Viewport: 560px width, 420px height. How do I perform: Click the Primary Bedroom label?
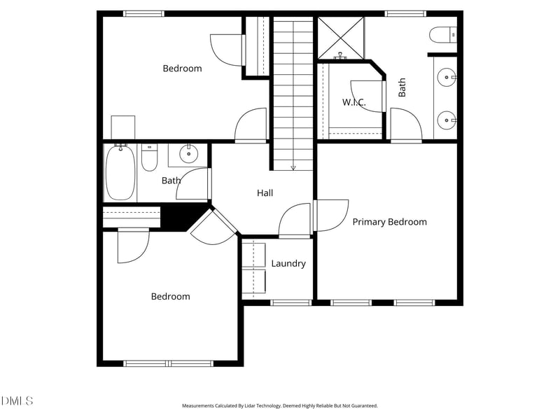point(389,222)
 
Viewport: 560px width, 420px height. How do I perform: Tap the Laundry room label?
point(288,264)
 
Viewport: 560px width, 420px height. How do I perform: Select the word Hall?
point(265,193)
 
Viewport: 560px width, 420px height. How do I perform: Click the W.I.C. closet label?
point(353,103)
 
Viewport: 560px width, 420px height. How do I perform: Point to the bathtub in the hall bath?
point(120,173)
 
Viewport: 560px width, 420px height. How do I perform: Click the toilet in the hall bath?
point(149,159)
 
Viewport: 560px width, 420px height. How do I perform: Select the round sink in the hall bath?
point(188,153)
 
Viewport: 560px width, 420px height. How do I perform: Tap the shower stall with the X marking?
point(341,38)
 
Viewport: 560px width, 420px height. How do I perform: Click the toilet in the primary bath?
point(443,34)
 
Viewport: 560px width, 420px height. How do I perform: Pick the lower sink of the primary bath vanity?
point(446,121)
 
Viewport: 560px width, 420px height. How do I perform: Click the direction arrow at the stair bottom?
point(293,167)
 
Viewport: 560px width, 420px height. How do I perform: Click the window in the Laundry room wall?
point(290,302)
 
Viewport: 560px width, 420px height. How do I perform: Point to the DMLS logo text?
point(17,401)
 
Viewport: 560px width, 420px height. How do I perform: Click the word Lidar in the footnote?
point(251,406)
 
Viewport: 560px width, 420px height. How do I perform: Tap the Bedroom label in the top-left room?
point(182,69)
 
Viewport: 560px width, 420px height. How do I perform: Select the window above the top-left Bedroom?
point(143,13)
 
